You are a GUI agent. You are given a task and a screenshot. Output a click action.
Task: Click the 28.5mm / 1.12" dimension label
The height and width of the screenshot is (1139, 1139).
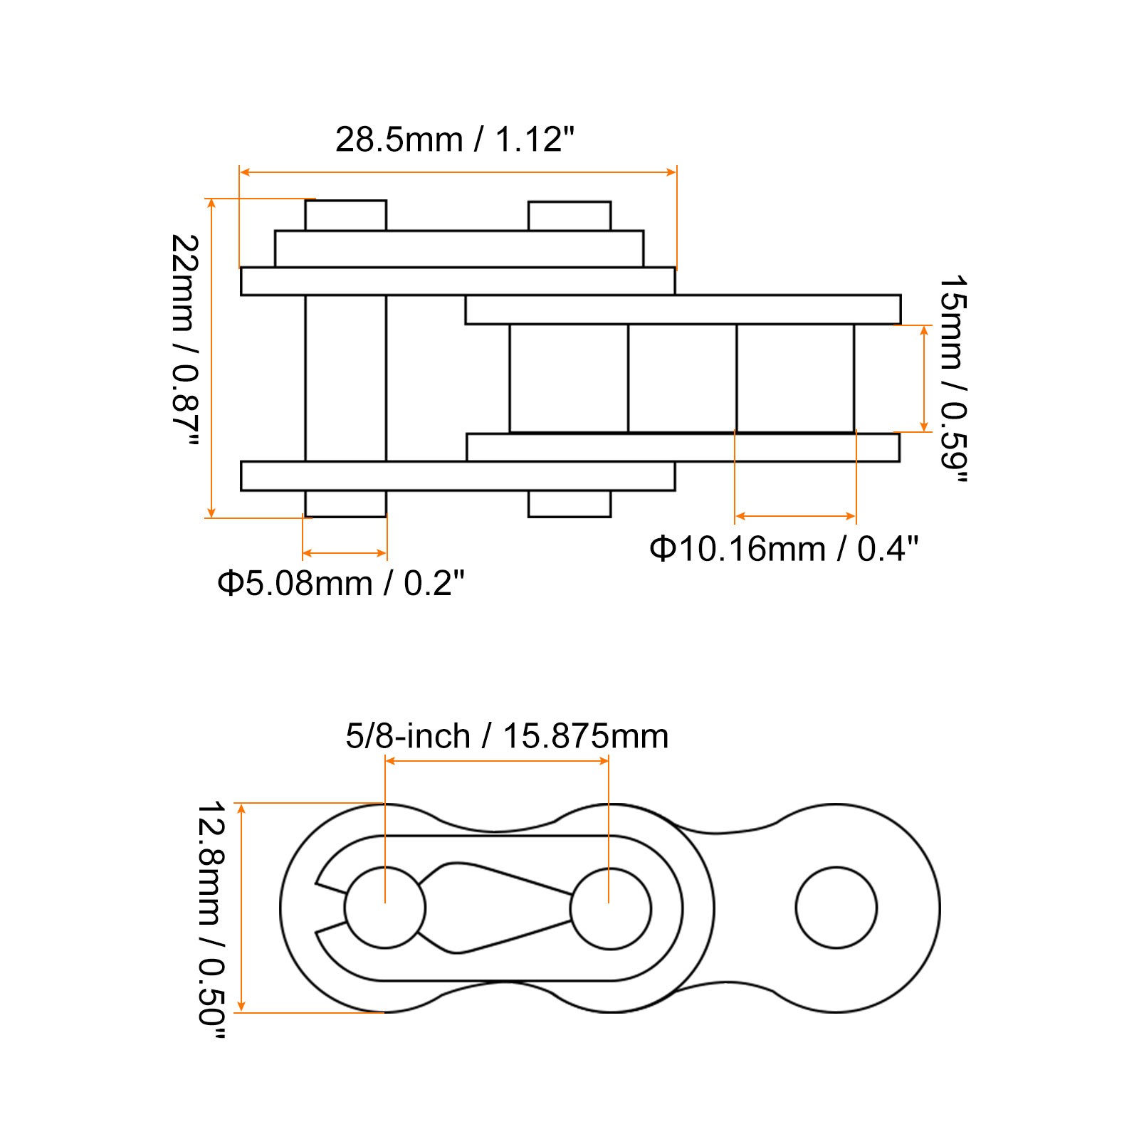[454, 140]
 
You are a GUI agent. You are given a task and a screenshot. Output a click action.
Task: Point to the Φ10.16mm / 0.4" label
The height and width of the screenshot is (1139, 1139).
[784, 549]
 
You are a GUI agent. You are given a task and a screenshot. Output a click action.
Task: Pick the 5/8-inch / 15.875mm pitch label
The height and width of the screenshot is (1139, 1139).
[507, 736]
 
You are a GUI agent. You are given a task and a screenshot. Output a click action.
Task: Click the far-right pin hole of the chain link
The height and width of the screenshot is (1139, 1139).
[836, 908]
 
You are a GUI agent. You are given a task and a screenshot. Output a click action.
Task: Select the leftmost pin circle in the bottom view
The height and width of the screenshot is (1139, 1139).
[384, 908]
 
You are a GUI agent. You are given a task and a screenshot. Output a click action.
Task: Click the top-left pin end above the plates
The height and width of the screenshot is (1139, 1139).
[346, 215]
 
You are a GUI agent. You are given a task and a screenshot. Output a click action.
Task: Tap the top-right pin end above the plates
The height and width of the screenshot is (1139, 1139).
[569, 216]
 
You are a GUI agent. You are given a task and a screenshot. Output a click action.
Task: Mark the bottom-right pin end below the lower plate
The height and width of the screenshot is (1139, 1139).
[569, 504]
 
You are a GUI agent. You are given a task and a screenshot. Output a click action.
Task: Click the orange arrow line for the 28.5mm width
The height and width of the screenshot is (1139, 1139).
[458, 172]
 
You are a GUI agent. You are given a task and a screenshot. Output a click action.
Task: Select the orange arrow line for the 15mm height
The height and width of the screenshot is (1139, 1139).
[924, 378]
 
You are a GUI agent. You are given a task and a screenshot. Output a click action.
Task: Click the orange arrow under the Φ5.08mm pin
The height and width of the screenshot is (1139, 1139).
[345, 552]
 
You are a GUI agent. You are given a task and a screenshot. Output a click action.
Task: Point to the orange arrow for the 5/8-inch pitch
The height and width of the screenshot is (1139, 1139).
[497, 761]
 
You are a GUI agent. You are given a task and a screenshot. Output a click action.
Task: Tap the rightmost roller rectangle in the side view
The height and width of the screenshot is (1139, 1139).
[795, 378]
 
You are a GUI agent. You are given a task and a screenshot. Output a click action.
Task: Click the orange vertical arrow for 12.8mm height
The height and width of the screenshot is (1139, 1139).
[242, 907]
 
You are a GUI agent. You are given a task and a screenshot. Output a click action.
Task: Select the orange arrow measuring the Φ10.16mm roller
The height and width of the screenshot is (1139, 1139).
[795, 516]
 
